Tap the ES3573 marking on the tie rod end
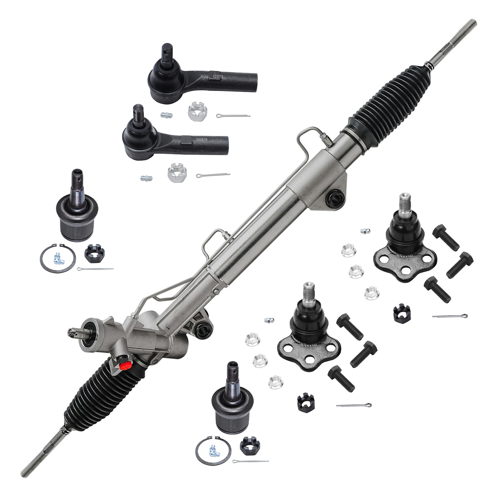pos(201,139)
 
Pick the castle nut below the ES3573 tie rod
pos(177,173)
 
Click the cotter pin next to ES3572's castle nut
pos(233,115)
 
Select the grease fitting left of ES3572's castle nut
pos(167,115)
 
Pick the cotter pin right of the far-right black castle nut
pos(450,316)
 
